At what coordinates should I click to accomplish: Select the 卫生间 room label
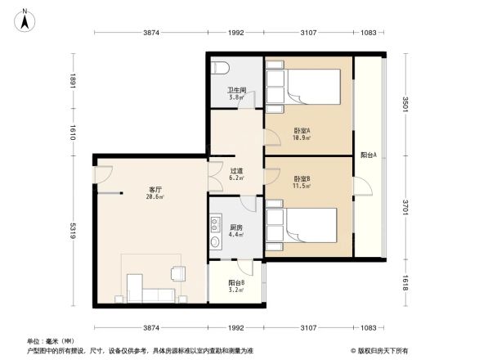tap(237, 91)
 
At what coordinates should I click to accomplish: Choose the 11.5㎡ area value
tap(302, 187)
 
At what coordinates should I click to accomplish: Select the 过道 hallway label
tap(236, 171)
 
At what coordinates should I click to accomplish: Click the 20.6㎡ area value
tap(154, 197)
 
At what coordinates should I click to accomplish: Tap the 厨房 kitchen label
tap(235, 228)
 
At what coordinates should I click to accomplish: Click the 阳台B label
tap(236, 282)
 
